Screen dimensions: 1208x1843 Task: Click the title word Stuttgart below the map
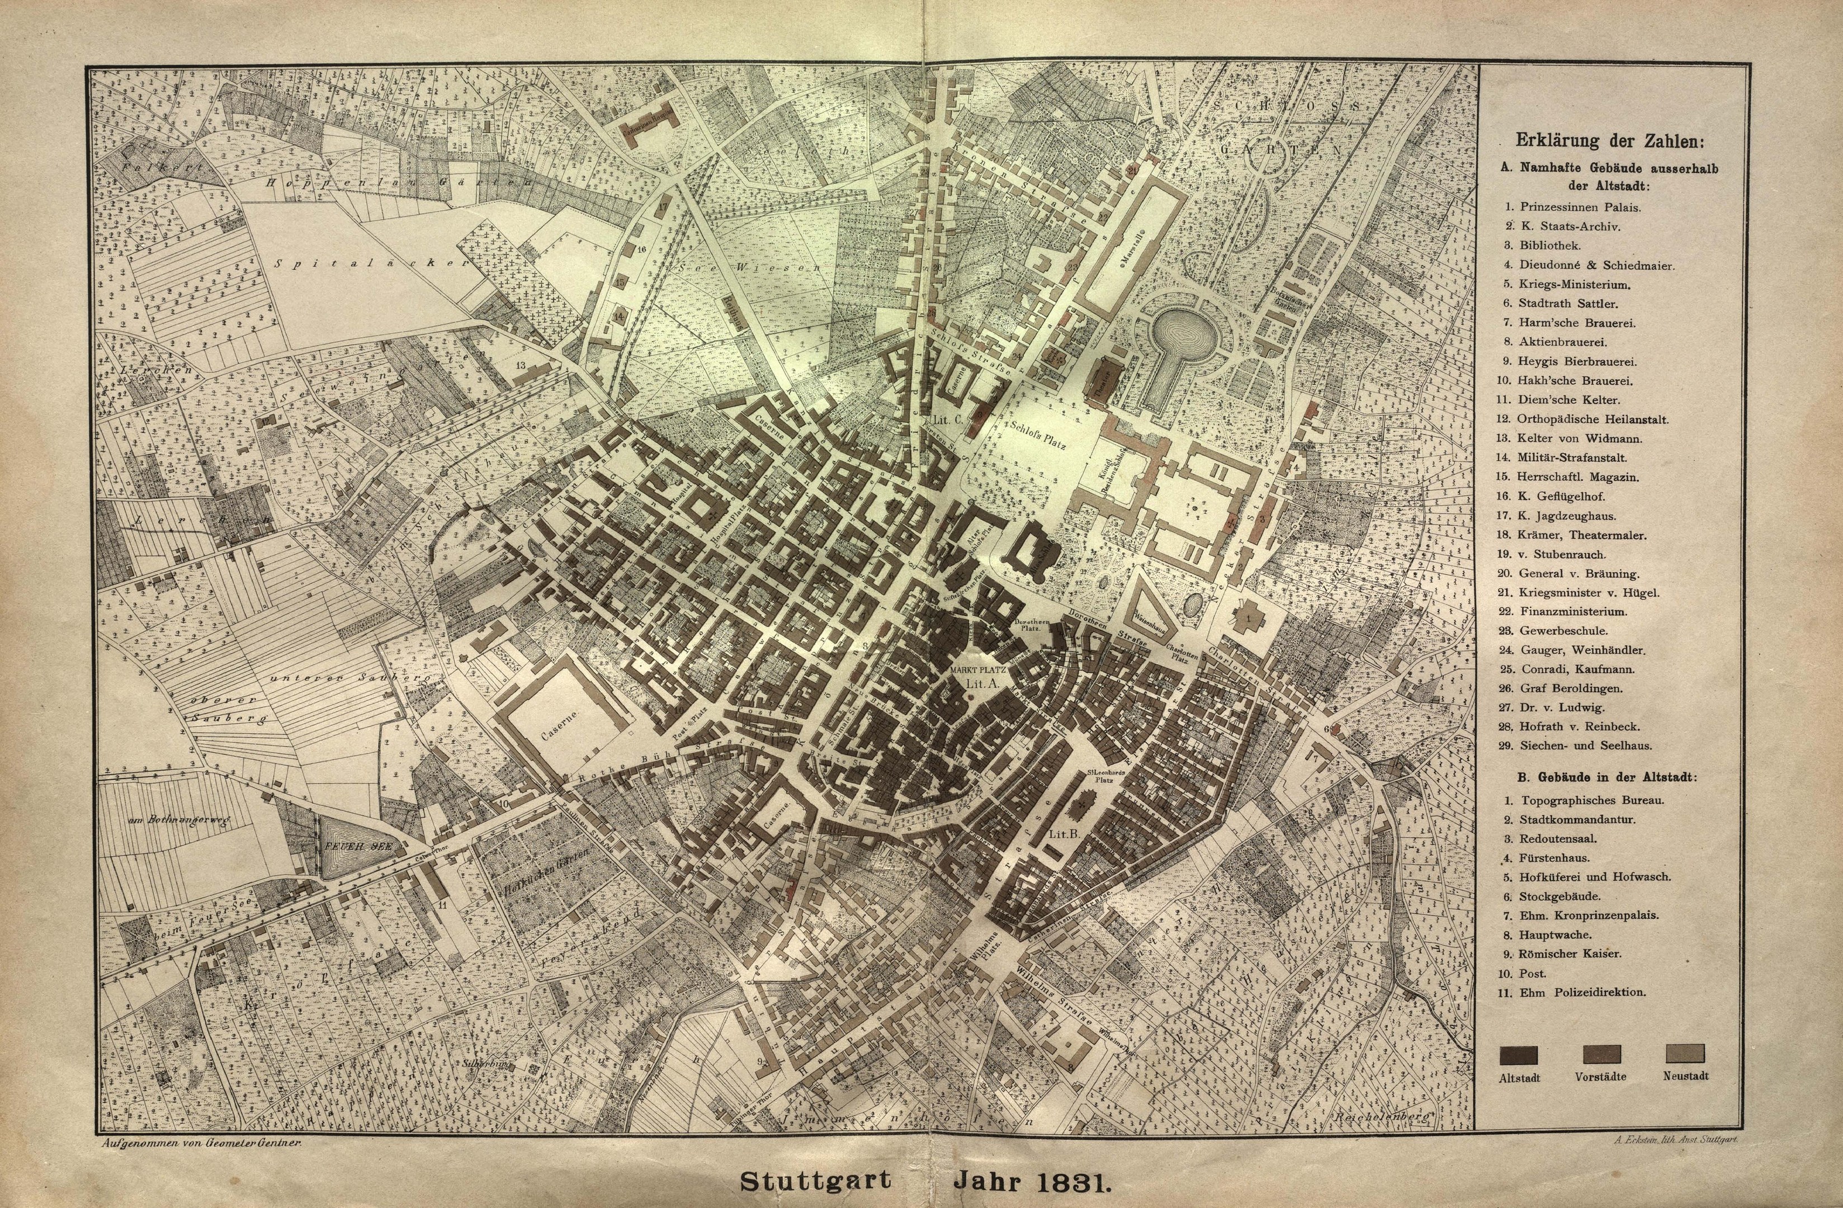[815, 1182]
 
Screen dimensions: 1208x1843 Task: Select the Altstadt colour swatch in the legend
[1519, 1055]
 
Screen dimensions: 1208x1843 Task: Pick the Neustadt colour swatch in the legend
[1685, 1054]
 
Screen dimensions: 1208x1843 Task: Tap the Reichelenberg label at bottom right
[1380, 1117]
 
